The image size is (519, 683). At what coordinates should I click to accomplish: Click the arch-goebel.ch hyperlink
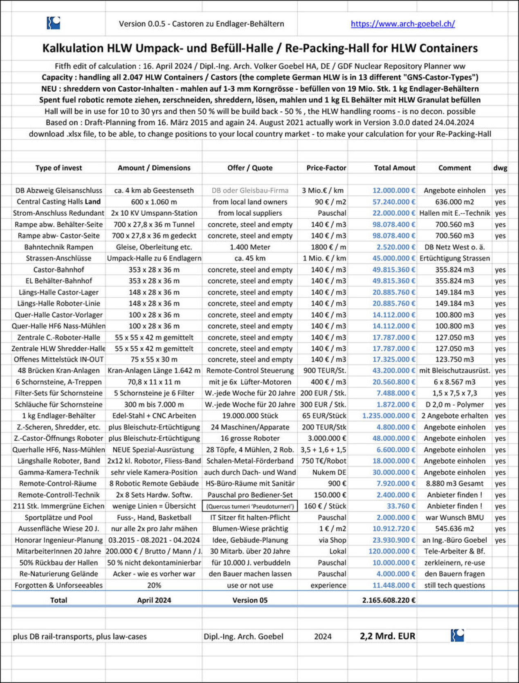click(x=402, y=24)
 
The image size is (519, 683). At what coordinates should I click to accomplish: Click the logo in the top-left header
click(x=54, y=23)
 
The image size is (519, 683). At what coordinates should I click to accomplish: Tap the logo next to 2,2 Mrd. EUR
click(x=457, y=636)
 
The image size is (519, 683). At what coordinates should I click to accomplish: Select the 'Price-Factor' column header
click(x=326, y=168)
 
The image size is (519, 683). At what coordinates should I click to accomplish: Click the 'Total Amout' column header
click(x=394, y=168)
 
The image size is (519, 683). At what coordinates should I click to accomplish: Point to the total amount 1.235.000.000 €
click(x=389, y=416)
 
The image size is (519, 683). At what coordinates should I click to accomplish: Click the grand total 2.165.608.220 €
click(x=389, y=600)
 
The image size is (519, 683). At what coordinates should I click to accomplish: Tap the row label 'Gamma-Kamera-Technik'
click(x=59, y=472)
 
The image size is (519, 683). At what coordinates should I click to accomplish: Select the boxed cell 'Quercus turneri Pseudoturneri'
click(x=250, y=506)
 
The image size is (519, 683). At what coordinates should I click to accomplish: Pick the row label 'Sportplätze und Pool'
click(x=59, y=518)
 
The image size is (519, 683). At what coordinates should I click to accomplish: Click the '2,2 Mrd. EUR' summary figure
click(x=387, y=636)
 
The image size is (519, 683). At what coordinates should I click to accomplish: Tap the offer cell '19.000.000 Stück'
click(x=250, y=416)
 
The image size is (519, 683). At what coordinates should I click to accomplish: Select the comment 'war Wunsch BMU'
click(x=454, y=518)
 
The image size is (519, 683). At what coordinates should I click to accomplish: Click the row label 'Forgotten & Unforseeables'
click(x=59, y=585)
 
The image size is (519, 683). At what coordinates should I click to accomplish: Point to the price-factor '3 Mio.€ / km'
click(x=323, y=190)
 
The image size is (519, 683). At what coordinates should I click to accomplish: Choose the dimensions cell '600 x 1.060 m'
click(x=154, y=202)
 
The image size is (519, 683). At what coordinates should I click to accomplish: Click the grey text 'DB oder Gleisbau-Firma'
click(x=250, y=190)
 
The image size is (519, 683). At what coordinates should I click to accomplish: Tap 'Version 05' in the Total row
click(x=250, y=600)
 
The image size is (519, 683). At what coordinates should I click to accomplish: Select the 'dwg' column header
click(x=500, y=168)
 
